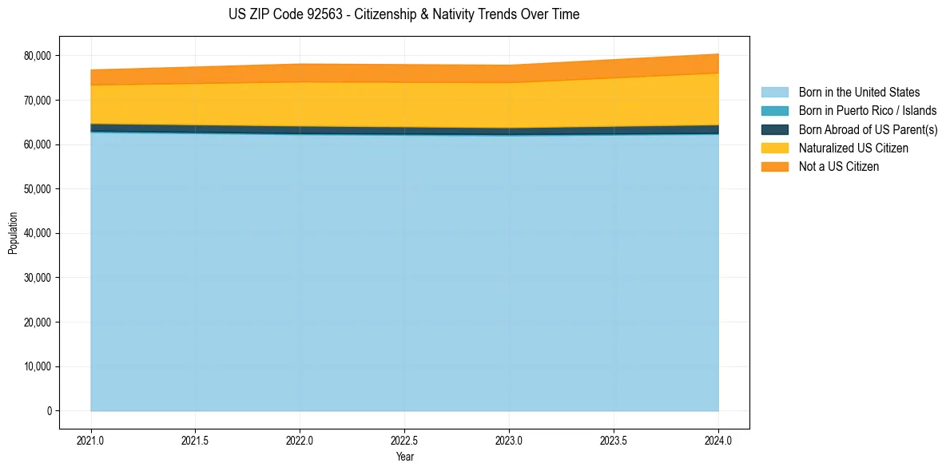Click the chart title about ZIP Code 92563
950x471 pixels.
(403, 14)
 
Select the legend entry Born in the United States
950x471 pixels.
(859, 93)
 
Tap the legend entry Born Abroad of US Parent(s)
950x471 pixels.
(868, 129)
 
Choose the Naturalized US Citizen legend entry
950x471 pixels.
(853, 148)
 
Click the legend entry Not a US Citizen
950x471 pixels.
(838, 167)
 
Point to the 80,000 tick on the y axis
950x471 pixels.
(36, 56)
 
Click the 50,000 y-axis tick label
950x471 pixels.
(36, 189)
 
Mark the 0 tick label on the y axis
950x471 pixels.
(48, 411)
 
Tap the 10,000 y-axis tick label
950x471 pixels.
(36, 367)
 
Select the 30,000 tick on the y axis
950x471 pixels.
(36, 278)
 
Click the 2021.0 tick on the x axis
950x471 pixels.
(91, 440)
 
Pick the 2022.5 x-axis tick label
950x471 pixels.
(404, 440)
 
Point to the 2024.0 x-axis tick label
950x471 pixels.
(718, 440)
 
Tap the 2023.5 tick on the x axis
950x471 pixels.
(614, 440)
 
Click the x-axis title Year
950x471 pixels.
(404, 457)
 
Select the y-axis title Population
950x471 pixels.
(13, 233)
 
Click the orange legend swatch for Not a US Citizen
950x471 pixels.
(774, 167)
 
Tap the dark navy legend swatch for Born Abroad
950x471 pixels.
(774, 129)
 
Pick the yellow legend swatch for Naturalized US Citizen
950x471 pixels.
(774, 148)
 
